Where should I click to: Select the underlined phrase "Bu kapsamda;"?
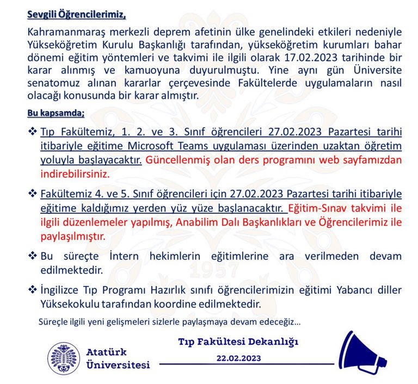56,113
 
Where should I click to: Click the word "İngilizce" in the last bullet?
63,290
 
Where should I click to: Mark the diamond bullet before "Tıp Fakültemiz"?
32,133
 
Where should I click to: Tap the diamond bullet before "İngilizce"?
32,290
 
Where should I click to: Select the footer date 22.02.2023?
239,358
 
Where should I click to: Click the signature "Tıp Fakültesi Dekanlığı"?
238,342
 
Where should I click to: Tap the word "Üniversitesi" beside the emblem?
118,364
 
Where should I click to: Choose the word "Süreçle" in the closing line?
53,321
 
